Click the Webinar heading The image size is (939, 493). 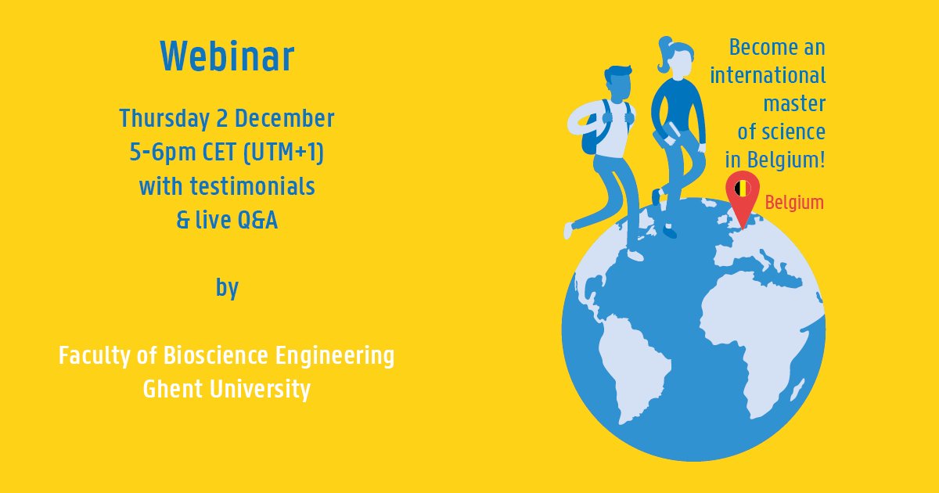(227, 57)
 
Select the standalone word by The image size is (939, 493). (227, 288)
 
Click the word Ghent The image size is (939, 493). (174, 389)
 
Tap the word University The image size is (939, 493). (261, 389)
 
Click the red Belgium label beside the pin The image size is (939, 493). (794, 203)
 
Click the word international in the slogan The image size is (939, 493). (768, 76)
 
